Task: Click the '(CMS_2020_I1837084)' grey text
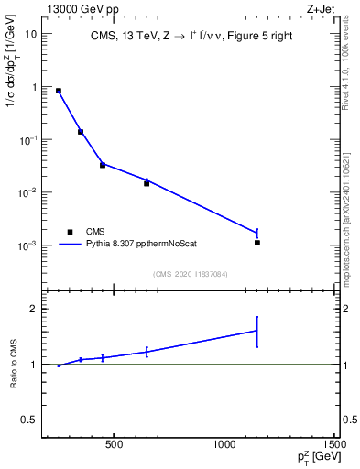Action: tap(190, 273)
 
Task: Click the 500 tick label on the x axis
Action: tap(114, 446)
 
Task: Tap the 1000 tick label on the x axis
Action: tap(224, 446)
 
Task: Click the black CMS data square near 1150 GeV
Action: tap(257, 243)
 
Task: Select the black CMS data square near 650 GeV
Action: tap(147, 183)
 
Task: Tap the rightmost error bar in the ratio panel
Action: tap(257, 331)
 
